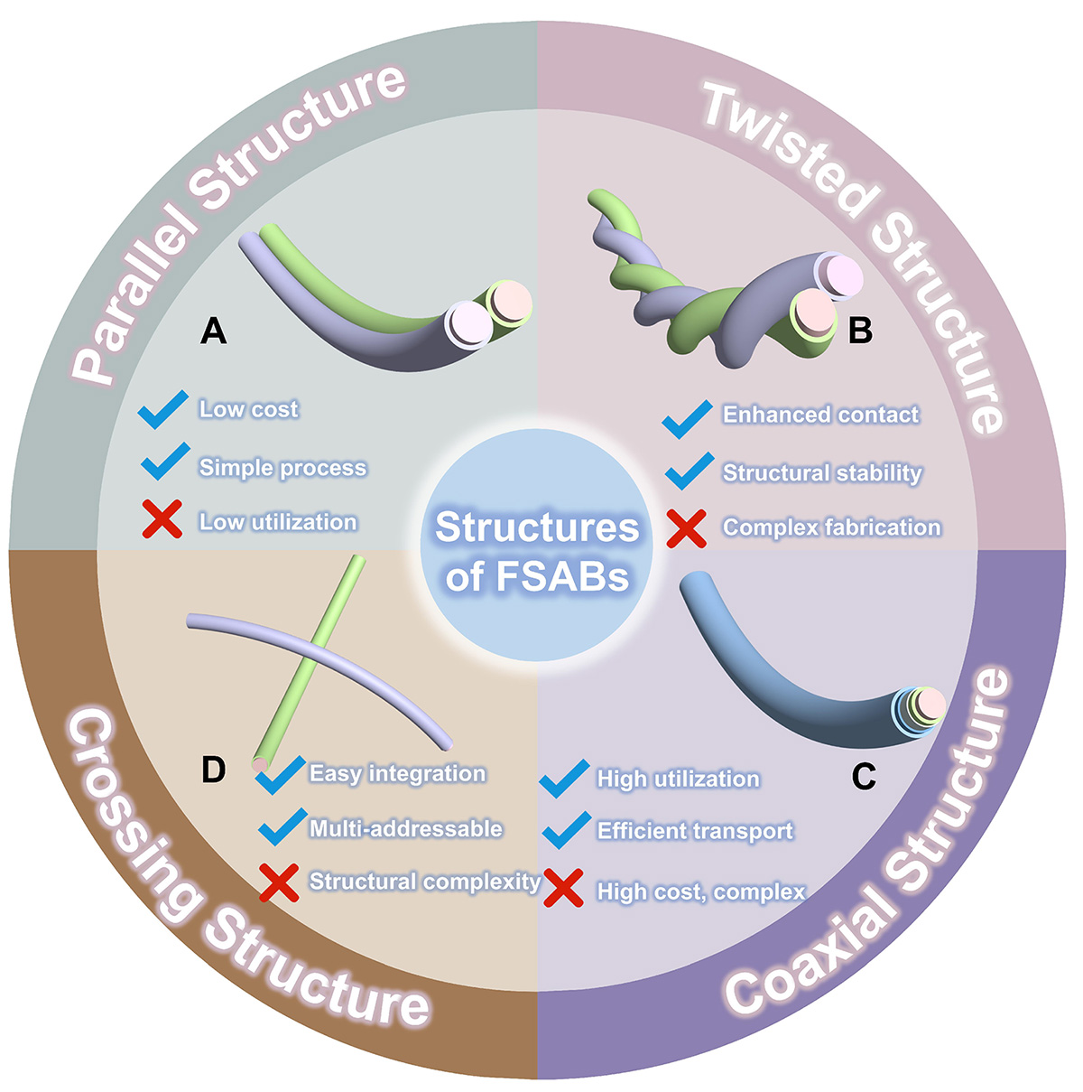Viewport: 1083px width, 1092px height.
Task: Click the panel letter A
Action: click(x=213, y=331)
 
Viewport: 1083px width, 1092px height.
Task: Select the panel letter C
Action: click(x=864, y=776)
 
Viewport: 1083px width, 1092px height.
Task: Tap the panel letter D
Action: click(x=213, y=770)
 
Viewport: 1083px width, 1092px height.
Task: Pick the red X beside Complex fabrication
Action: click(x=686, y=527)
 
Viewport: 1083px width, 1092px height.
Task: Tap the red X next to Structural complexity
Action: click(x=279, y=882)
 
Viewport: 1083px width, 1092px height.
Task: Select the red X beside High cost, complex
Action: click(x=563, y=889)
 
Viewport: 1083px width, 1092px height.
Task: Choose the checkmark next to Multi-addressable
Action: click(x=282, y=825)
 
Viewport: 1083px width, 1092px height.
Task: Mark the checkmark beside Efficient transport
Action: click(x=567, y=828)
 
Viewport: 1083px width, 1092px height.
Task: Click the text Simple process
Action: click(x=282, y=467)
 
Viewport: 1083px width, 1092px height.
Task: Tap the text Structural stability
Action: click(x=822, y=472)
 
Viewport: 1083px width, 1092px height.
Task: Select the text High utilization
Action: click(x=678, y=779)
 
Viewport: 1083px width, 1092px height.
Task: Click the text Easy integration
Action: click(x=397, y=773)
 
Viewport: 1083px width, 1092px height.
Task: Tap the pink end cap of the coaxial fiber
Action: click(x=932, y=704)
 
